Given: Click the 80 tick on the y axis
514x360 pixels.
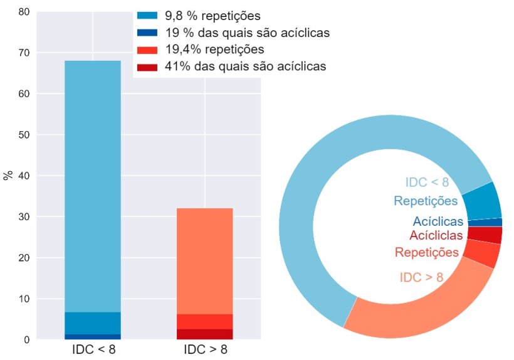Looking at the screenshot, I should [23, 12].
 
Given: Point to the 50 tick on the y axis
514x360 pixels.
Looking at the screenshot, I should [23, 135].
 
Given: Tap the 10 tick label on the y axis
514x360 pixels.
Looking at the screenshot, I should [23, 299].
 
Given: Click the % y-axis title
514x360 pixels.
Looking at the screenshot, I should [8, 175].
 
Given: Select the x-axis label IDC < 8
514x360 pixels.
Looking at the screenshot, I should [93, 349].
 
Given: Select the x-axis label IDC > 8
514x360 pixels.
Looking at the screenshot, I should [205, 349].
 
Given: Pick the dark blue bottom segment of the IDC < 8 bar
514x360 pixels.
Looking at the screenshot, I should [93, 337].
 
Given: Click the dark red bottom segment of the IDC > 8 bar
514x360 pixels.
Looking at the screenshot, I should [205, 334].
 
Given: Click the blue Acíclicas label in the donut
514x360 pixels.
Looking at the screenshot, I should [438, 221].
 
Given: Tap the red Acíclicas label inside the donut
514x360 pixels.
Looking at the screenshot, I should [436, 236].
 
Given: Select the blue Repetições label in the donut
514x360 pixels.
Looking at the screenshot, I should [426, 201].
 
